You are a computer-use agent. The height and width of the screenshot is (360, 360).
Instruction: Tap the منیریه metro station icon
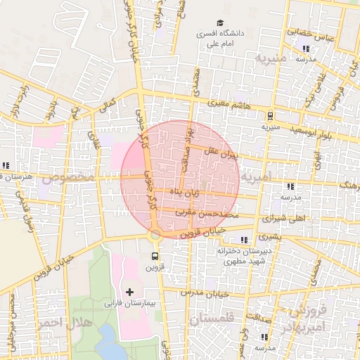point(271,116)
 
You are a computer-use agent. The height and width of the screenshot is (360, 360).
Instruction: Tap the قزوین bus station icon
point(155,256)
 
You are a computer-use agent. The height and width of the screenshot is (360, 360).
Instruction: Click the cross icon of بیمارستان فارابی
point(129,291)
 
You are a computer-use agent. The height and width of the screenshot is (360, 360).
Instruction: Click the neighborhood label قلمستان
point(211,319)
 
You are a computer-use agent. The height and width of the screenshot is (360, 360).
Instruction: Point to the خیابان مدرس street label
point(205,292)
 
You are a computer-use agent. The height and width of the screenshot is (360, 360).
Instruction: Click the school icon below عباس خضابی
point(306,49)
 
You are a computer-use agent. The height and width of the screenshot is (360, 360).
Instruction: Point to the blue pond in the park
point(108,345)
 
